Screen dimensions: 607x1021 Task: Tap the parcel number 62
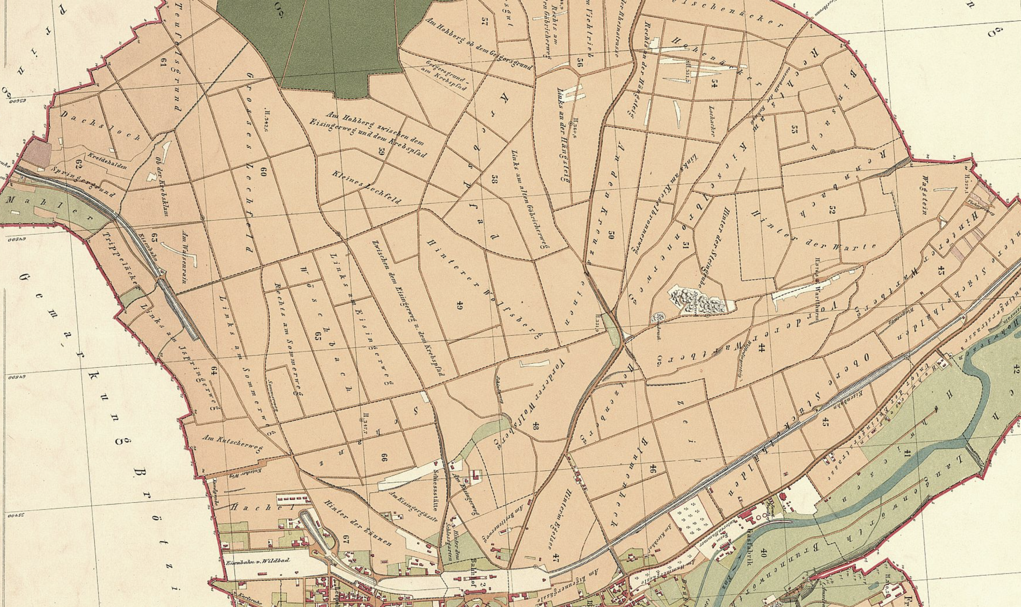point(79,164)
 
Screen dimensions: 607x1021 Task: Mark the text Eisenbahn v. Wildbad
point(258,561)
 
